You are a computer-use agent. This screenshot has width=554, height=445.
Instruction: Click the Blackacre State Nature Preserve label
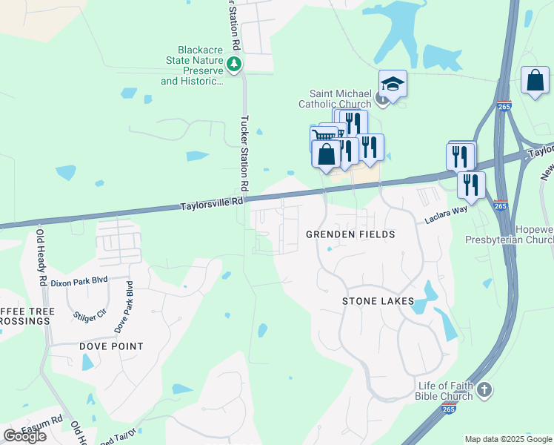[192, 66]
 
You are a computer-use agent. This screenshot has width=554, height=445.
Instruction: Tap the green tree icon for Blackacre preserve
[235, 65]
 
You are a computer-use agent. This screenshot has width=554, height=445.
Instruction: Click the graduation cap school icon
[393, 85]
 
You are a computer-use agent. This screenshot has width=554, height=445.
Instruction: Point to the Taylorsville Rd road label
[211, 201]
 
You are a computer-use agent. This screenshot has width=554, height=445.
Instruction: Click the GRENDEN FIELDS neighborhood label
[351, 234]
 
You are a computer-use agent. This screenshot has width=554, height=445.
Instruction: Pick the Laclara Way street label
[446, 216]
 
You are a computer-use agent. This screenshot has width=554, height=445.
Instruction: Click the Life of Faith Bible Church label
[445, 390]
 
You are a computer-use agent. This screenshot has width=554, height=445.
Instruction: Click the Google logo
[24, 436]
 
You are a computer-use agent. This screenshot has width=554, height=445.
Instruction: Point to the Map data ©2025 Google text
[508, 439]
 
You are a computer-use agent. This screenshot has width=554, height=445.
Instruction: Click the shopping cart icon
[324, 137]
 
